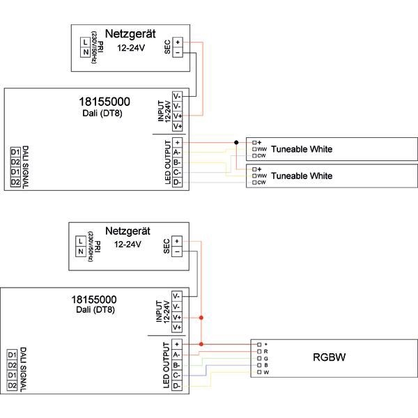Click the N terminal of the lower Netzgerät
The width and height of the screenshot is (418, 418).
pos(81,251)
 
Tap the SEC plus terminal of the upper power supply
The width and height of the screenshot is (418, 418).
pos(178,42)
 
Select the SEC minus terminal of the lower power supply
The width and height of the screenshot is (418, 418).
pos(177,251)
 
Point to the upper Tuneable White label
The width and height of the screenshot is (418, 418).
pos(301,149)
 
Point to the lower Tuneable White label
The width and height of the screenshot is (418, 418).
pos(301,176)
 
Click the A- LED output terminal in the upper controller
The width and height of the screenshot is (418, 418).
pos(177,152)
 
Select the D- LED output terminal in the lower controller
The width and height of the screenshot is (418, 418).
pos(177,385)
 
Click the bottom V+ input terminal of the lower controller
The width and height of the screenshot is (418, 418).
pos(177,327)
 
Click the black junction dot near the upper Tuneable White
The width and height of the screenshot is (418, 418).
pos(236,142)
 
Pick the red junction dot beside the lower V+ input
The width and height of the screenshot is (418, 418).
pos(201,318)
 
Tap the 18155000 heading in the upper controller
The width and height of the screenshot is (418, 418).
pos(105,102)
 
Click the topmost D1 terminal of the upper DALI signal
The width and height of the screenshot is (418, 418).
pos(15,152)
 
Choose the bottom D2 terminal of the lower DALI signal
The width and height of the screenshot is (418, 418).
pos(11,385)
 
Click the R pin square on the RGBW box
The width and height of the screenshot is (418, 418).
pos(258,352)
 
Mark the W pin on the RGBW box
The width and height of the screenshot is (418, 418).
pos(258,373)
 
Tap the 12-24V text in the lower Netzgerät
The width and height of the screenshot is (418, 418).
pos(127,245)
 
